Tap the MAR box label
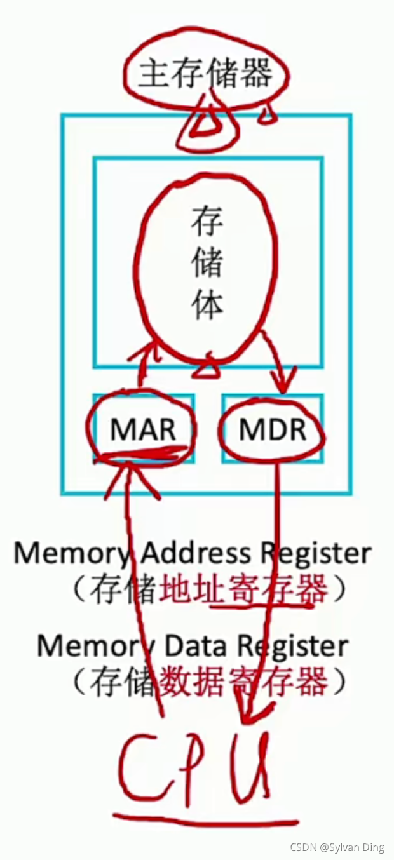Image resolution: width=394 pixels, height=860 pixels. [142, 430]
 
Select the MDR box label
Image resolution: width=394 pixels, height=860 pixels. [272, 430]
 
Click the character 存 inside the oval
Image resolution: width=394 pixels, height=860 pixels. [207, 222]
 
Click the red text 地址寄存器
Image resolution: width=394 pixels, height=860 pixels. [244, 591]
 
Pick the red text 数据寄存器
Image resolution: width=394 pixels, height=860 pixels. [244, 683]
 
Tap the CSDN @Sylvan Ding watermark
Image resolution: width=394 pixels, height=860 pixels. [337, 847]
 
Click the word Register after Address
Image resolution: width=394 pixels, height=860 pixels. [318, 554]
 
